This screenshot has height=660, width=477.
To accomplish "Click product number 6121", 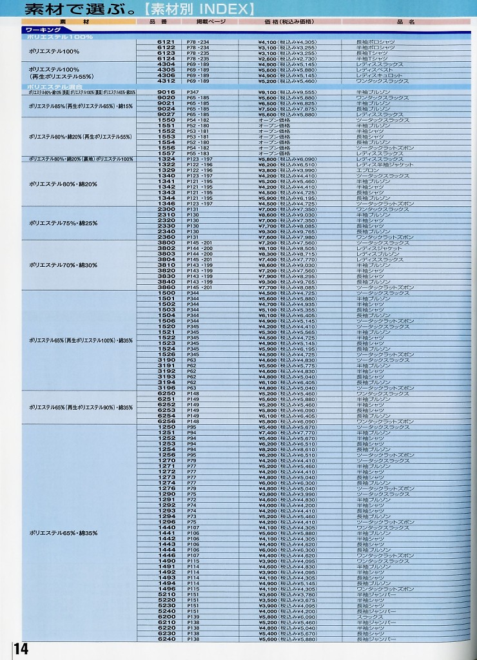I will click(x=166, y=42).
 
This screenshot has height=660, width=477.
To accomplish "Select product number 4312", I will click(x=166, y=81).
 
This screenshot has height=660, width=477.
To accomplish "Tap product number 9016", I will click(x=166, y=92).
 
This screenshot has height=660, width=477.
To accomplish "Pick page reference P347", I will click(x=193, y=92).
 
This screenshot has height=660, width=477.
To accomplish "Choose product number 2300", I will click(x=166, y=209).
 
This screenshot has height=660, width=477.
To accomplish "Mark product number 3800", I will click(x=166, y=242).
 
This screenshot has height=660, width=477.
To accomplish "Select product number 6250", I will click(x=166, y=393).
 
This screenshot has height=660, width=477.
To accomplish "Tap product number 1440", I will click(x=166, y=528).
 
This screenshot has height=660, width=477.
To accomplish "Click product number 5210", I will click(x=166, y=594).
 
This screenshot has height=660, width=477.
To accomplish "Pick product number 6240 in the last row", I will click(x=166, y=639).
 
